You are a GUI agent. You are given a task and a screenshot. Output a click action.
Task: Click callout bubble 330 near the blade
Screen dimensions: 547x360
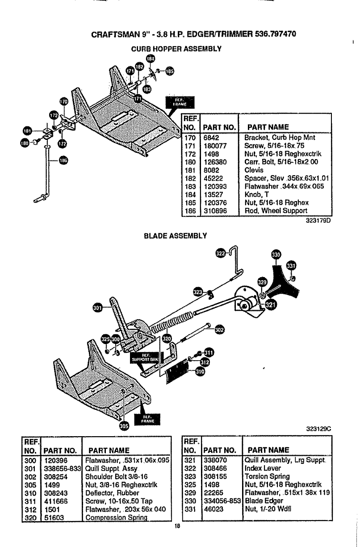tap(276, 255)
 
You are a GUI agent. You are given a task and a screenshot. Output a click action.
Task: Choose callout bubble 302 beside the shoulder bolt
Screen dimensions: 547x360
tap(219, 330)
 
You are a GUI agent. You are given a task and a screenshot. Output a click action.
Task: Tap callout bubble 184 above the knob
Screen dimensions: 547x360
tap(151, 59)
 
